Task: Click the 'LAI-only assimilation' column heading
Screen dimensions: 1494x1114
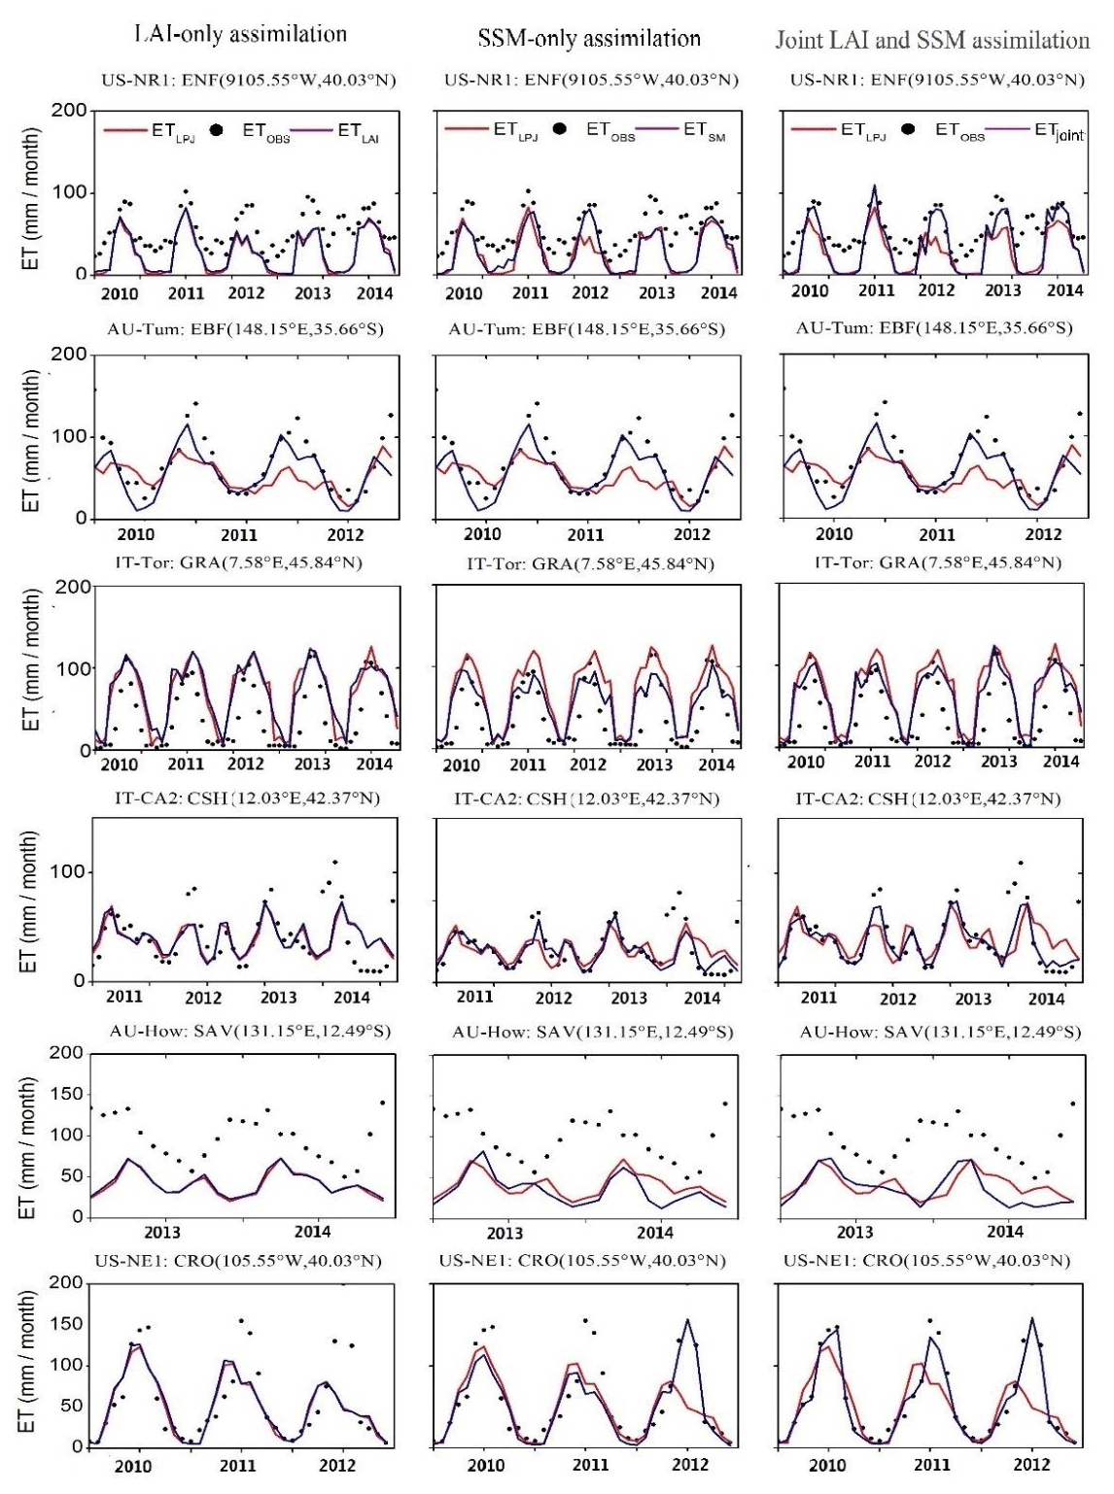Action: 239,35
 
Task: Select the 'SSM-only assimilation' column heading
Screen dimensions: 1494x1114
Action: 590,39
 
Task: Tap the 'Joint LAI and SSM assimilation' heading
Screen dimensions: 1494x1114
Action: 932,40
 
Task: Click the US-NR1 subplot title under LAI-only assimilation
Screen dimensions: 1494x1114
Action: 249,81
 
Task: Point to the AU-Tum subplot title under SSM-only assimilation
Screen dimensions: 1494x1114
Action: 586,329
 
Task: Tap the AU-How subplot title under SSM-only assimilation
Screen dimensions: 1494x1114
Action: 592,1032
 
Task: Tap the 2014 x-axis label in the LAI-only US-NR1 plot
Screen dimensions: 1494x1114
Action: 373,293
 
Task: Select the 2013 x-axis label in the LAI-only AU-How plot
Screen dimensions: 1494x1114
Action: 162,1232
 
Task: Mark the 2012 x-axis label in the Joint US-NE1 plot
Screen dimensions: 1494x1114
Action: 1032,1465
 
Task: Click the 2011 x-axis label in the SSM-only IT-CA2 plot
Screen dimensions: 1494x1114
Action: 475,998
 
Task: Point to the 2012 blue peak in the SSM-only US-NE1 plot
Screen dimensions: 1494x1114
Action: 688,1319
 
